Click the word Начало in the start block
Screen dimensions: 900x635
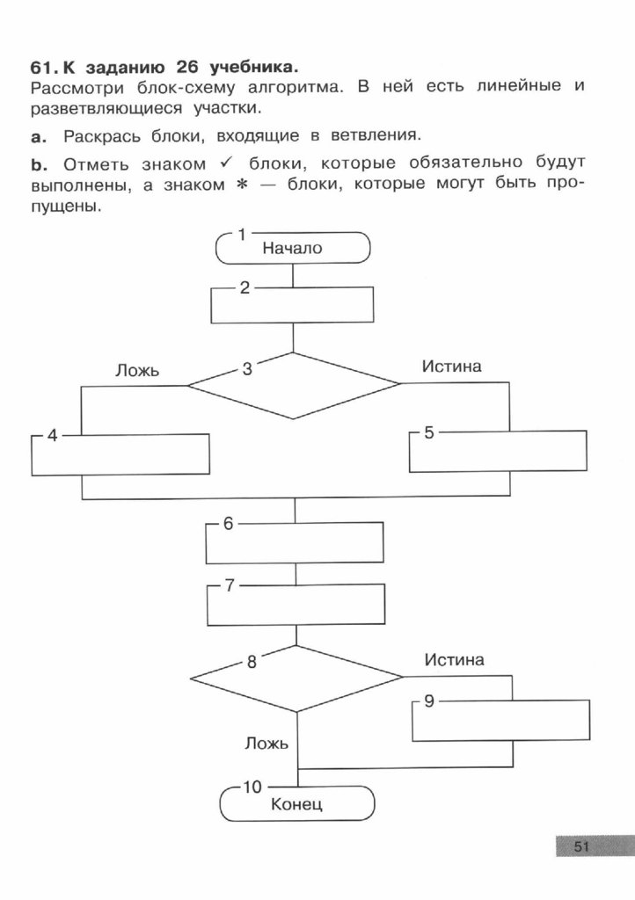click(x=292, y=249)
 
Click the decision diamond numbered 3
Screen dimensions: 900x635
click(x=294, y=385)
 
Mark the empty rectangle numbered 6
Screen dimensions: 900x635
click(x=295, y=544)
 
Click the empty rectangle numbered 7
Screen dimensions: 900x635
click(x=296, y=604)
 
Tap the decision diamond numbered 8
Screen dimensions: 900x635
click(x=297, y=678)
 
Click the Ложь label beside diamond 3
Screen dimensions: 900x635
click(x=136, y=371)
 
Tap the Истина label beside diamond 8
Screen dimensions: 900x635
click(x=454, y=659)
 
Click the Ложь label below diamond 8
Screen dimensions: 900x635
click(x=266, y=744)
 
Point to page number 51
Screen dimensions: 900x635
click(x=580, y=847)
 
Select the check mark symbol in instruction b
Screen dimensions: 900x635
click(x=230, y=163)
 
